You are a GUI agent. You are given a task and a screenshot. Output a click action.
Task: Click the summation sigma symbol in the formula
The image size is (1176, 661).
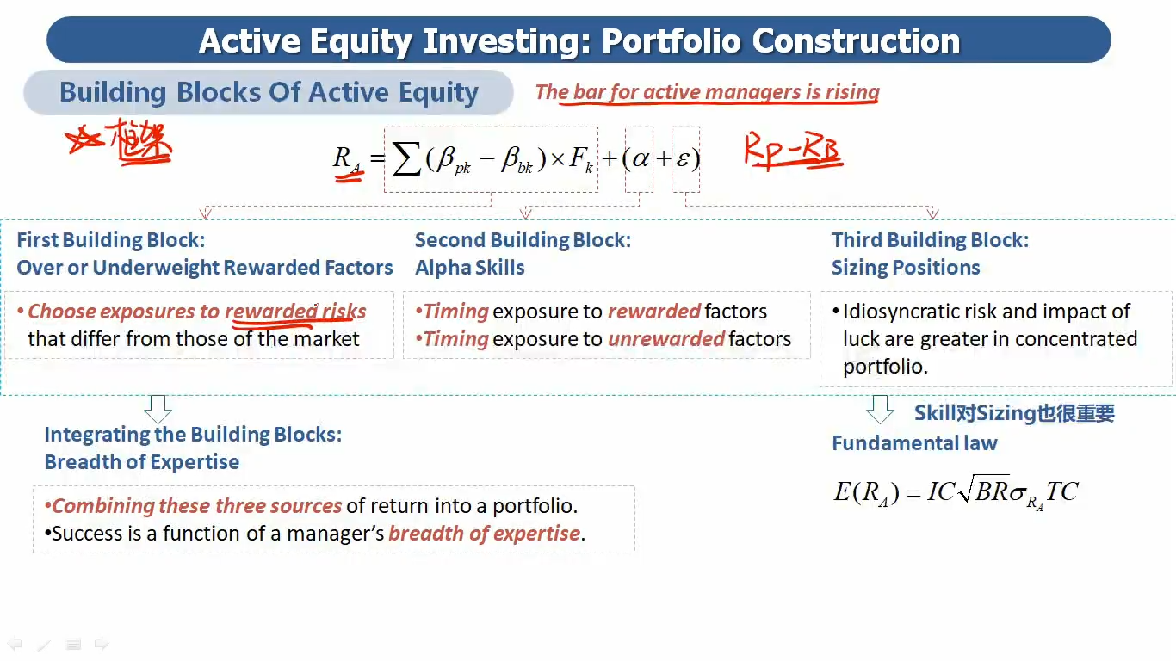407,158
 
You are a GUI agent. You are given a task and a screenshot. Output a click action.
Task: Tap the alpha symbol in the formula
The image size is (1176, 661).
640,158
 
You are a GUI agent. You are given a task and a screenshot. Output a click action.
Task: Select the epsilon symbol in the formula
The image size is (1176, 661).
682,158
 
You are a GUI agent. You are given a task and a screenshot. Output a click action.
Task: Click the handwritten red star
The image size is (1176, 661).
84,139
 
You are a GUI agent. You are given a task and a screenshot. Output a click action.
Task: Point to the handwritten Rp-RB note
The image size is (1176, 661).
793,151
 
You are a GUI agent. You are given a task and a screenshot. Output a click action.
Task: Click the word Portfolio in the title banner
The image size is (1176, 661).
672,41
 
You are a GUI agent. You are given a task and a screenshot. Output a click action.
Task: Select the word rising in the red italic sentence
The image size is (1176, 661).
852,92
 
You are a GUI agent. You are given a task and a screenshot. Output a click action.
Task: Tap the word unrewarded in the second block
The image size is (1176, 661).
666,338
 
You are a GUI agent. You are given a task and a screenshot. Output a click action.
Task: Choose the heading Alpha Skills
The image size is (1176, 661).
470,268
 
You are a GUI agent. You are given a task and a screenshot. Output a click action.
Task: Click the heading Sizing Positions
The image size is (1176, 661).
906,268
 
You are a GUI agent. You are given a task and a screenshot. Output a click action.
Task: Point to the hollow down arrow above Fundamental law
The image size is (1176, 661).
880,410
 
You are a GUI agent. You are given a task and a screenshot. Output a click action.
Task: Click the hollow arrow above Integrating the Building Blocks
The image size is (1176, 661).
158,410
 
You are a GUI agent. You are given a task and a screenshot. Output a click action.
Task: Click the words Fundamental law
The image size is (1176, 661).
914,443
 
